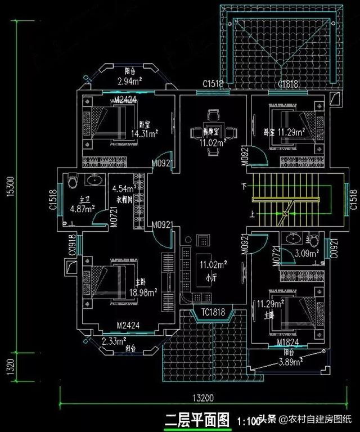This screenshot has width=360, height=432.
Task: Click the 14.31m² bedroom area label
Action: coord(144,134)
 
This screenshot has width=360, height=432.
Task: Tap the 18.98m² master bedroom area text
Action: coord(144,291)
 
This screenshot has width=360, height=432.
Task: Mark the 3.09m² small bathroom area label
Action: coord(307,254)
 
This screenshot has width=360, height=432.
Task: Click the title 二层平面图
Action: coord(197,420)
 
